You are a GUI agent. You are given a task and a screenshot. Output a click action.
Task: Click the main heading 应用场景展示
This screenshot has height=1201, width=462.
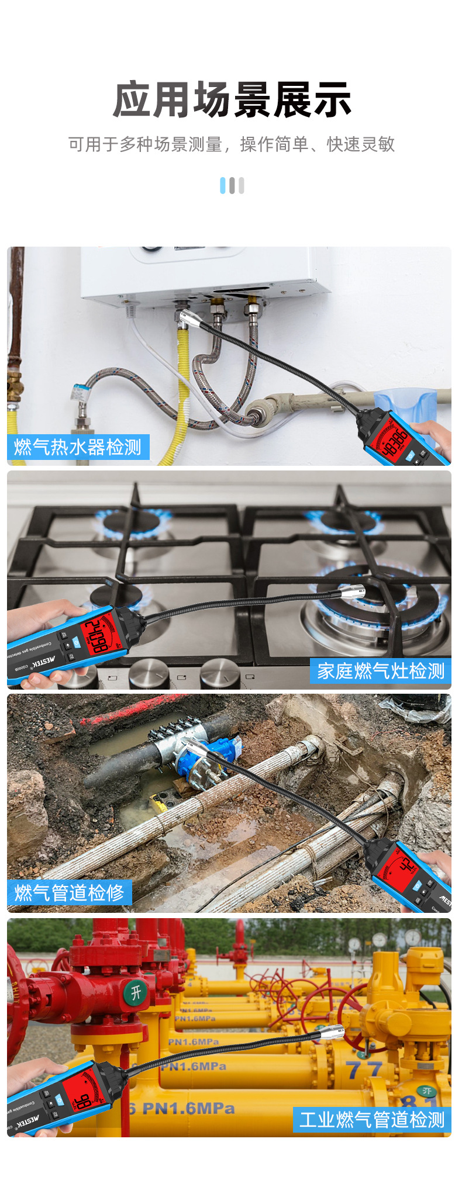coord(232,100)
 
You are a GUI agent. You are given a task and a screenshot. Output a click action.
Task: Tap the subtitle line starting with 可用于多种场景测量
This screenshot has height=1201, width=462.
coord(232,144)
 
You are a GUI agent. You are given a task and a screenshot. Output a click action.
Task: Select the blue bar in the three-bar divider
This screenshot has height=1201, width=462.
coord(222,185)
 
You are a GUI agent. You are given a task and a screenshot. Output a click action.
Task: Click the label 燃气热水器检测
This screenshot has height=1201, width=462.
coord(78,447)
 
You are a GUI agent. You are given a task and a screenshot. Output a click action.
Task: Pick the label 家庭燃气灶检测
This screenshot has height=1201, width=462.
coord(381,671)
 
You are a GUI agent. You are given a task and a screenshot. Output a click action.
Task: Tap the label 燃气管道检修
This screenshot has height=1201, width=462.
coord(69,892)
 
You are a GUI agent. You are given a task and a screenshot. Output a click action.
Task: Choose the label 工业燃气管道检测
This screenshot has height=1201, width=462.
coord(372,1120)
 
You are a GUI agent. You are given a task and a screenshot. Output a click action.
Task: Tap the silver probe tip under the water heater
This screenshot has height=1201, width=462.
coord(188,319)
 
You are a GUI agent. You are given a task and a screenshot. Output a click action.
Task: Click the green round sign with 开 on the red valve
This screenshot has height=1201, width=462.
coord(136,992)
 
